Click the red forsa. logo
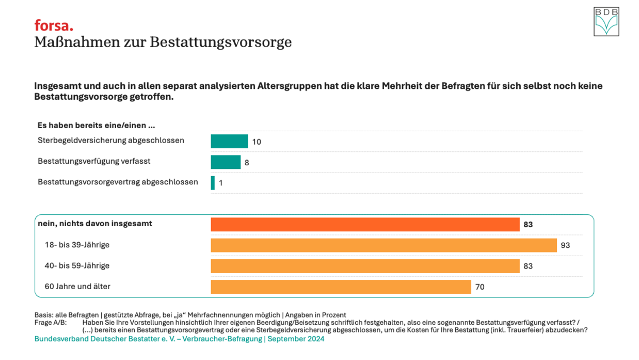pyautogui.click(x=54, y=25)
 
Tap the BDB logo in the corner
pyautogui.click(x=606, y=22)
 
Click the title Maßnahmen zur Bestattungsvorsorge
pyautogui.click(x=163, y=42)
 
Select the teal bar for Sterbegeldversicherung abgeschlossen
pyautogui.click(x=229, y=141)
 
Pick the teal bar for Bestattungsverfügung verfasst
pyautogui.click(x=226, y=162)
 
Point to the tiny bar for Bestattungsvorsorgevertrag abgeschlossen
pyautogui.click(x=213, y=183)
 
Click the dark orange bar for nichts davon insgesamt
pyautogui.click(x=365, y=225)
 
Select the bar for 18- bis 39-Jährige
pyautogui.click(x=384, y=245)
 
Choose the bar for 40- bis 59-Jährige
pyautogui.click(x=365, y=266)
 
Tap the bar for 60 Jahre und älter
pyautogui.click(x=341, y=287)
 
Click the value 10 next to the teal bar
pyautogui.click(x=257, y=142)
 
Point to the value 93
pyautogui.click(x=565, y=245)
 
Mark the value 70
pyautogui.click(x=480, y=287)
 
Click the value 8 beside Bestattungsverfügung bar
pyautogui.click(x=247, y=162)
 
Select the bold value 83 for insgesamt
pyautogui.click(x=528, y=225)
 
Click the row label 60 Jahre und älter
pyautogui.click(x=77, y=286)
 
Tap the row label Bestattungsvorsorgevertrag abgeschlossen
pyautogui.click(x=118, y=182)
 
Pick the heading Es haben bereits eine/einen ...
pyautogui.click(x=96, y=125)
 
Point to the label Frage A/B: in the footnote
pyautogui.click(x=51, y=322)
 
